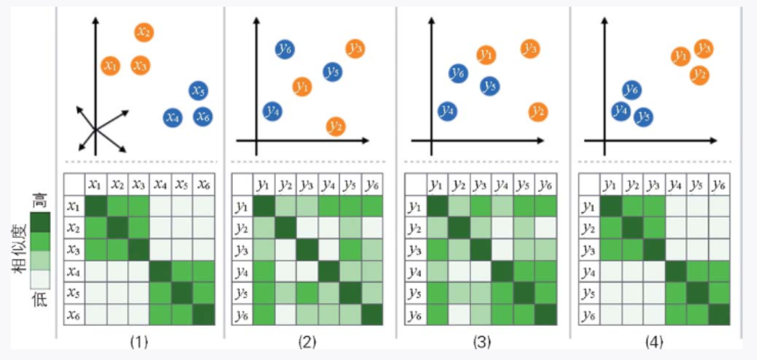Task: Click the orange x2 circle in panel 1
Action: point(143,32)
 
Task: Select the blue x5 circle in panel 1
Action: point(199,91)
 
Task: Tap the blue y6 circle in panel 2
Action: point(285,49)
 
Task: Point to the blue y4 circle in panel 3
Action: point(447,110)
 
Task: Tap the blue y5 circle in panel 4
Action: point(644,117)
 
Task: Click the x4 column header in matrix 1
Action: point(161,185)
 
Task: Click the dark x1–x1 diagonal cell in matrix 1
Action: point(96,207)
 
